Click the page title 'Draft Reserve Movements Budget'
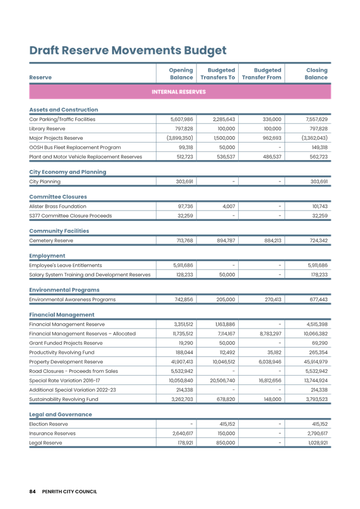(x=127, y=51)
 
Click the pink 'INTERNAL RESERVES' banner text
(x=179, y=92)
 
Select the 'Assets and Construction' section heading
(x=63, y=110)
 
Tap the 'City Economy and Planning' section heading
(x=67, y=172)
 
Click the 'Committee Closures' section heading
(x=58, y=196)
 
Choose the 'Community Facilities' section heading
(x=59, y=231)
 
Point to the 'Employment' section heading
(x=47, y=256)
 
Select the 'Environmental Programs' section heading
(x=64, y=290)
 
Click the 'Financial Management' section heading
(x=61, y=315)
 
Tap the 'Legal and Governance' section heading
(x=60, y=415)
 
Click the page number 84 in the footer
(x=32, y=491)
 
